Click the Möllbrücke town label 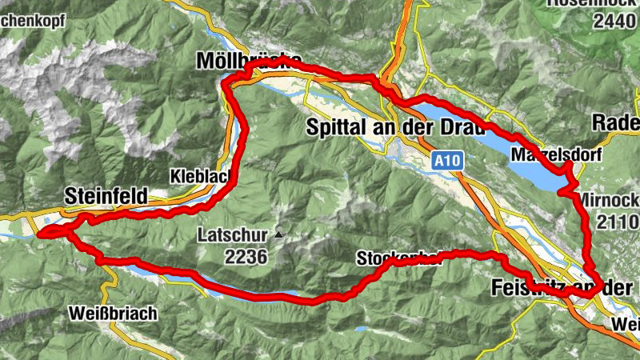pos(248,62)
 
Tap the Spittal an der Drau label pos(396,127)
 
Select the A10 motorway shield pos(448,161)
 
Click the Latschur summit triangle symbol pos(278,235)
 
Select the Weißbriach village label pos(114,312)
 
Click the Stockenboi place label pos(398,258)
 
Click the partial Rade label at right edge pos(617,122)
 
